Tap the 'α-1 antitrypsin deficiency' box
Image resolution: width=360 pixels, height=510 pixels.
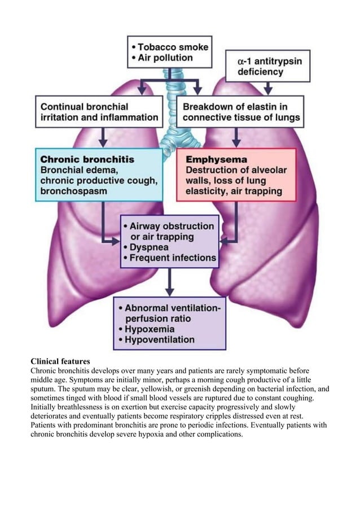(x=267, y=66)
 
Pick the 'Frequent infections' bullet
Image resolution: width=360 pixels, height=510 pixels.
(x=173, y=258)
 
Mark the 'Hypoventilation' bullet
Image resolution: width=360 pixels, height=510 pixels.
(x=159, y=340)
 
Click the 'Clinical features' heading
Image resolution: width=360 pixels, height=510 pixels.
(x=60, y=361)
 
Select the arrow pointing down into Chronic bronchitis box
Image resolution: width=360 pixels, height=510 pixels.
(x=103, y=138)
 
